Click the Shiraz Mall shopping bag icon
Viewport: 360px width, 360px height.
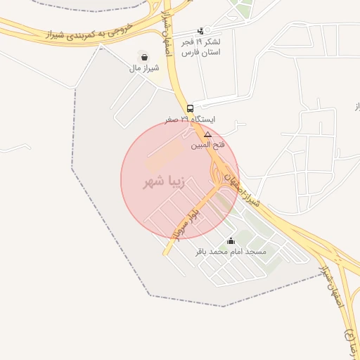pos(144,57)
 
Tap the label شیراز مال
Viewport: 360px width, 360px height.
pos(144,68)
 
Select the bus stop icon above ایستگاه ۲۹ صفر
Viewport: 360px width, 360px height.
pos(190,108)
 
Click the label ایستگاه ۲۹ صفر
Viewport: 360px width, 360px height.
pos(190,120)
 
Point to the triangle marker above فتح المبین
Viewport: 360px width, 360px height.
pos(207,134)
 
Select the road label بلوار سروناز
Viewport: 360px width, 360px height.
pos(184,226)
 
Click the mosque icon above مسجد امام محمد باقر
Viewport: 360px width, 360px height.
pos(231,241)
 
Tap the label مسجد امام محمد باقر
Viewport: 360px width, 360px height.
pos(231,252)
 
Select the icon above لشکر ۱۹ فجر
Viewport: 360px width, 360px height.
pos(201,31)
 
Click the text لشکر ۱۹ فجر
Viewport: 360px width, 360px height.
pos(201,41)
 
